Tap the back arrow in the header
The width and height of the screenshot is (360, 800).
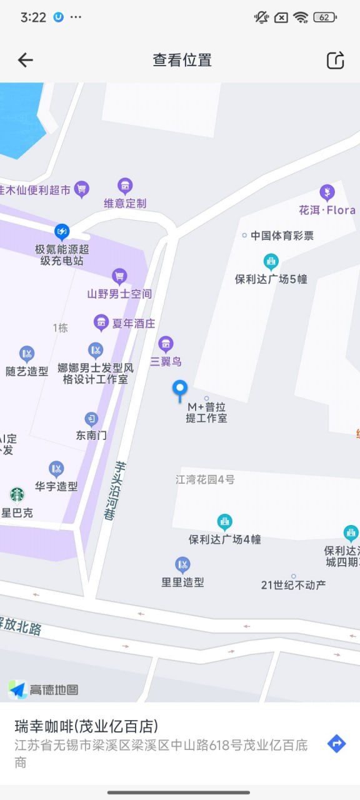tap(25, 60)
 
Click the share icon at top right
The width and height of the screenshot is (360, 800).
tap(336, 60)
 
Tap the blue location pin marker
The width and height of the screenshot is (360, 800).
tap(180, 390)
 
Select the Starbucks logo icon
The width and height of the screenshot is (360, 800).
tap(17, 495)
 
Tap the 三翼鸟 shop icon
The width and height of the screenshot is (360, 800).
tap(166, 344)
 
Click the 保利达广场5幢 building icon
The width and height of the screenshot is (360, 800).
tap(271, 261)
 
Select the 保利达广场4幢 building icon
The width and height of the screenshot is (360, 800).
tap(224, 521)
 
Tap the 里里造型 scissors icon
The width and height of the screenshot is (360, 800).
tap(182, 565)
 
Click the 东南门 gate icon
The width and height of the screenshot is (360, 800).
tap(92, 419)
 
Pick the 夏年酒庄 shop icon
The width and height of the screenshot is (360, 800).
tap(101, 322)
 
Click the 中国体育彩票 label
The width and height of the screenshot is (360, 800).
tap(282, 236)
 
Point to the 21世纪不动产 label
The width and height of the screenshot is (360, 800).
tap(293, 585)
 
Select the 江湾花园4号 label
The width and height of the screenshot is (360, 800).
tap(205, 480)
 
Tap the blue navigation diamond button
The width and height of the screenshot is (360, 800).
tap(336, 744)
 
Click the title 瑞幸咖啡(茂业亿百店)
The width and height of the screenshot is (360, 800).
tap(86, 726)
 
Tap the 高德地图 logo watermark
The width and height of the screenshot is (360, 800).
tap(44, 689)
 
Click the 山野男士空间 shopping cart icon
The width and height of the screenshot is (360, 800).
tap(119, 276)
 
